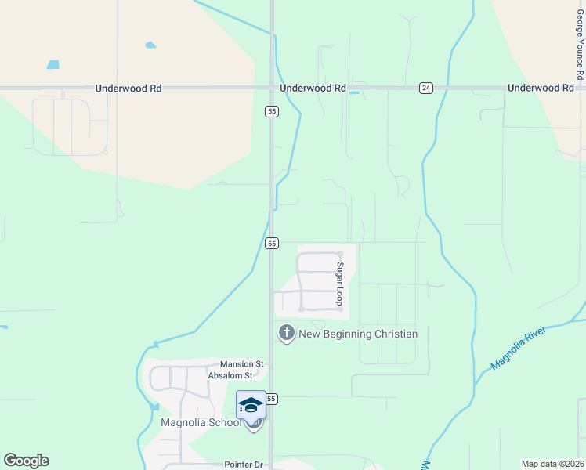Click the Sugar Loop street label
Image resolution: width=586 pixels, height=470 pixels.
pos(340,284)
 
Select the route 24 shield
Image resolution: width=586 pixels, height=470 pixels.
pos(425,88)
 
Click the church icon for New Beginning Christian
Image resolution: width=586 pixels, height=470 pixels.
pos(286,334)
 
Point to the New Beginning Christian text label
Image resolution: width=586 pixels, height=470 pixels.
pos(358,334)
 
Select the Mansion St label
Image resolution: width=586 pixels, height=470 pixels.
pos(242,364)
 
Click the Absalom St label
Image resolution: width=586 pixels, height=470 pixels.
pos(230,375)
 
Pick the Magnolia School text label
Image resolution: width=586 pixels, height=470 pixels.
pos(201,423)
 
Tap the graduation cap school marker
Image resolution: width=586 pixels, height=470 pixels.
pos(251,405)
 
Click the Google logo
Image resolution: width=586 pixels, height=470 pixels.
pos(26,461)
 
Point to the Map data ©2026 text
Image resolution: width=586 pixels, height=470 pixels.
pos(553,464)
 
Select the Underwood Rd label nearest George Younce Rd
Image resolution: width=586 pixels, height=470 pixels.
pos(541,89)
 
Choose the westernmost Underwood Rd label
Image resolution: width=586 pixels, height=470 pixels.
pos(128,89)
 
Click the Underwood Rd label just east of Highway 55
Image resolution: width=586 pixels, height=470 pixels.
pos(313,89)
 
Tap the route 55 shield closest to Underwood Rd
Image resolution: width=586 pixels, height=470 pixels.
pos(271,111)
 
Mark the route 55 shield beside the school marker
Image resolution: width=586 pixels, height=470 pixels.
pos(271,399)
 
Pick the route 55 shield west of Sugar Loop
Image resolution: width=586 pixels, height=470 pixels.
pos(271,244)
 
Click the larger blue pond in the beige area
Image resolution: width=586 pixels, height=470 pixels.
pos(53,64)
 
